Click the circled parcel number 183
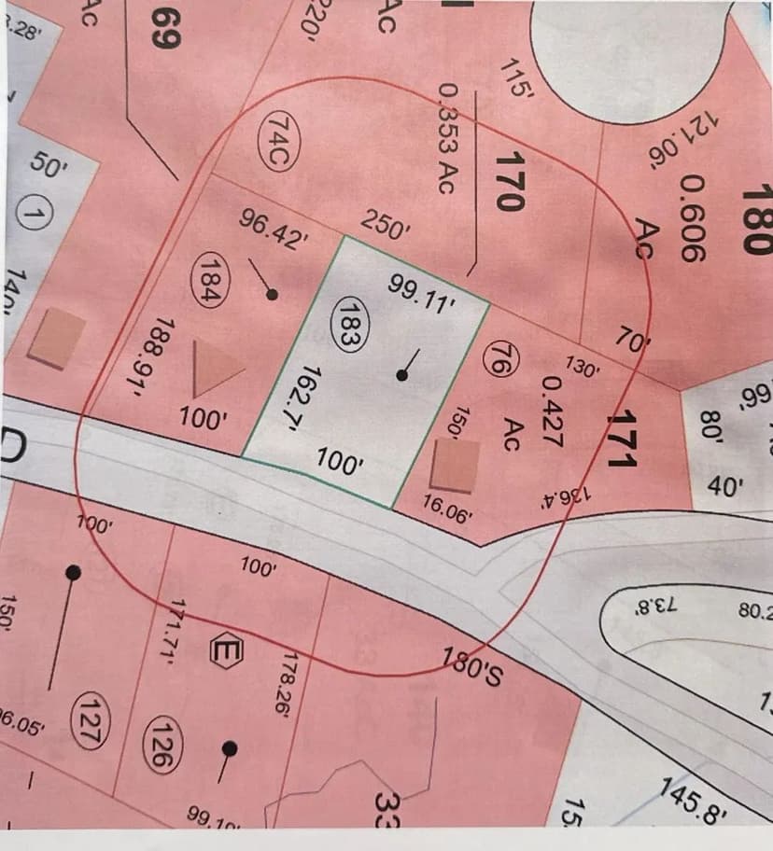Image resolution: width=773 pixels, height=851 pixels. point(353,322)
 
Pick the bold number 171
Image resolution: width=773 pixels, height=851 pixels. point(622,436)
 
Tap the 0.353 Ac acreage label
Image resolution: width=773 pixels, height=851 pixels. point(447,139)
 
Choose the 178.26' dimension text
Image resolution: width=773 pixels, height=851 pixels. point(285,682)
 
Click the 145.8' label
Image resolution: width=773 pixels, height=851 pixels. point(693,801)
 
